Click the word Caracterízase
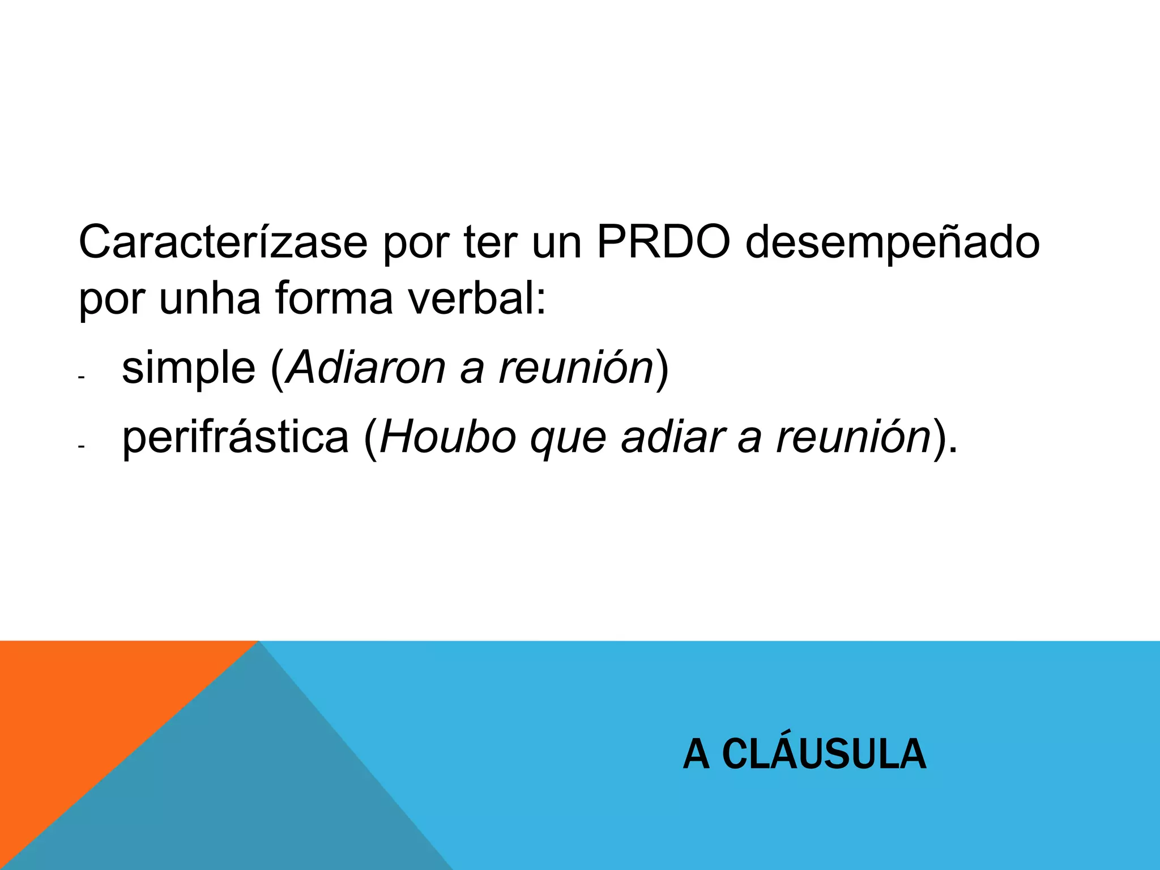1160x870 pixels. pos(223,243)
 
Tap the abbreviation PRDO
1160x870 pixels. pos(663,243)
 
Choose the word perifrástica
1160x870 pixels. pos(236,438)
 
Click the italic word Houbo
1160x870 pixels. pos(448,437)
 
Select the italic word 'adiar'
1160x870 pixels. pos(673,437)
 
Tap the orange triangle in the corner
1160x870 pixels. pos(74,708)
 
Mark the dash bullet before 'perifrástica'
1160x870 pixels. pos(82,447)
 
